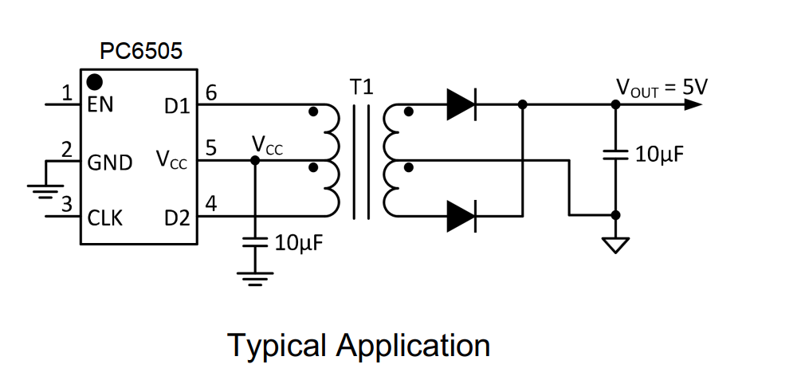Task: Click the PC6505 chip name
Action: [141, 51]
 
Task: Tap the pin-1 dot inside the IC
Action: [95, 81]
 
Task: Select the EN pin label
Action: [100, 104]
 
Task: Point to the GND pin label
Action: [110, 163]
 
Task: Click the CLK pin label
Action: [105, 218]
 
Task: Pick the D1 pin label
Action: [177, 107]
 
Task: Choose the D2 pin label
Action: [177, 219]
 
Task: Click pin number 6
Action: [211, 93]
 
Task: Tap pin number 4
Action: [211, 204]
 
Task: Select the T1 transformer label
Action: [362, 87]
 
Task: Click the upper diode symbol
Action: [461, 104]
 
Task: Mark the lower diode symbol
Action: [461, 216]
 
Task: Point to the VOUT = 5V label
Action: [662, 88]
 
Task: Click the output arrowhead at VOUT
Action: [693, 104]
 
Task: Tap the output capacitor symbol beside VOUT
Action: [615, 155]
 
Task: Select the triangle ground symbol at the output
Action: [615, 245]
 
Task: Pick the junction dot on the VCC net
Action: [254, 160]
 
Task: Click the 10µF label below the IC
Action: [300, 243]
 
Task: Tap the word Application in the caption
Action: [414, 346]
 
